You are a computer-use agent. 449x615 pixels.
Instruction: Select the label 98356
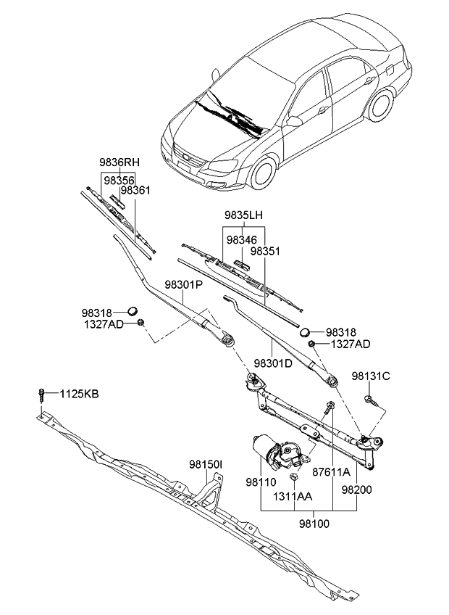(118, 177)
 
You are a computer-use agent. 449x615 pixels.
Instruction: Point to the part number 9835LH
(243, 215)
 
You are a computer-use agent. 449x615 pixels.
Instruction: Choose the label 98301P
(182, 285)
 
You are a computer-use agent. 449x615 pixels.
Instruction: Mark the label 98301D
(273, 363)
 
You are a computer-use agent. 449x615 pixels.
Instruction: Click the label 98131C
(371, 376)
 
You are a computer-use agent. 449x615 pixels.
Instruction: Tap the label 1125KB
(79, 394)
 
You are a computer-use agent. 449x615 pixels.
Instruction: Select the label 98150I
(206, 464)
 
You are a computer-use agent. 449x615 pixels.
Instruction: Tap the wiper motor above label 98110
(279, 451)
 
